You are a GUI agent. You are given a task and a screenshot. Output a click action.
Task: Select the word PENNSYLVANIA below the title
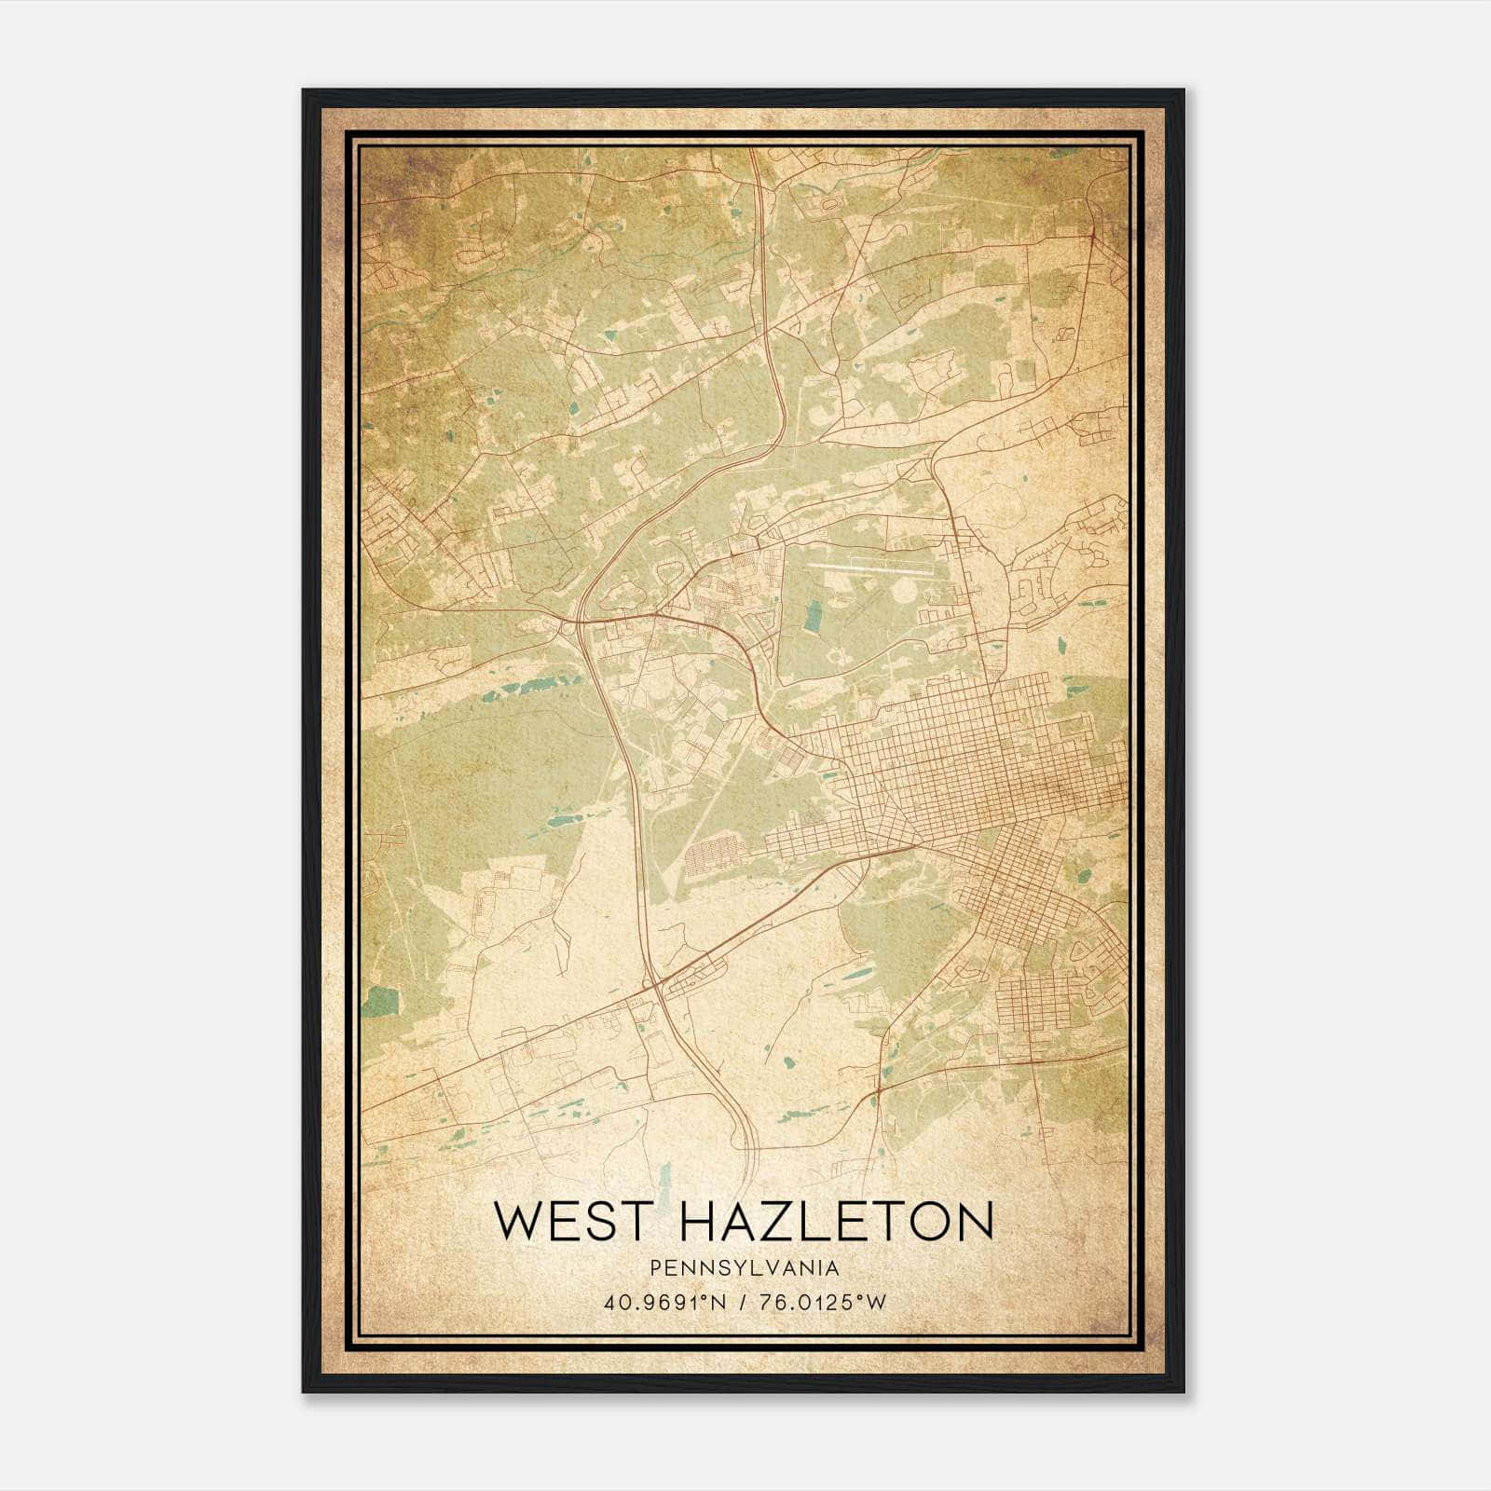coord(745,1268)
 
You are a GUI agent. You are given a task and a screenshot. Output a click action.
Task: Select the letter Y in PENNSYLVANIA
coord(730,1268)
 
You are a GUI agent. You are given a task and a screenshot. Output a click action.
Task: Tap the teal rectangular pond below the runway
coord(814,616)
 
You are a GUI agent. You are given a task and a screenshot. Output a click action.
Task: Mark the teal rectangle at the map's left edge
coord(378,1002)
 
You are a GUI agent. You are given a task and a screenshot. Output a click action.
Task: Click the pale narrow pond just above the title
coord(664,1178)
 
